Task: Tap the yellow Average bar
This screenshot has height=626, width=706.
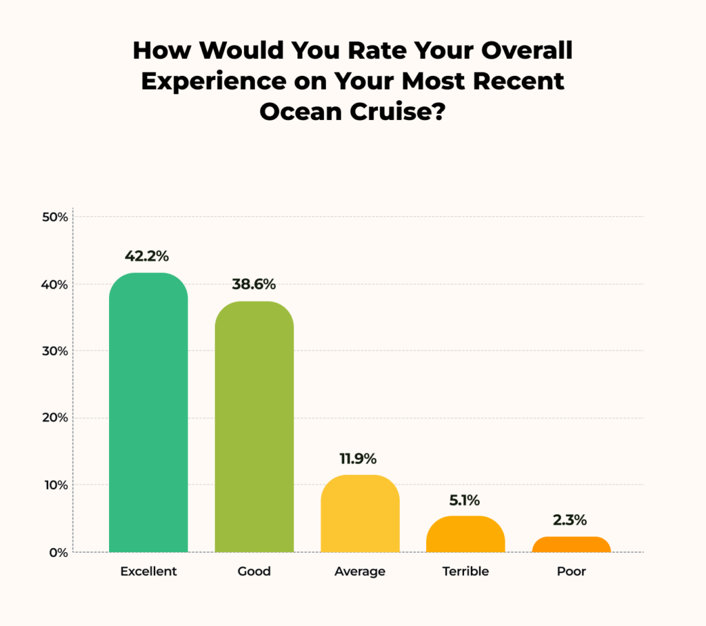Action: [x=360, y=513]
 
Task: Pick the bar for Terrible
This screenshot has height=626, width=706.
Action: [x=465, y=534]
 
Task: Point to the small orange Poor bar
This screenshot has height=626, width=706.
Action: [x=571, y=545]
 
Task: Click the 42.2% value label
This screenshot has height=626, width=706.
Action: [x=147, y=256]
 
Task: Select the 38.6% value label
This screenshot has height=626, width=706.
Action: [x=254, y=284]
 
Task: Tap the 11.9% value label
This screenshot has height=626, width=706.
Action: [x=359, y=458]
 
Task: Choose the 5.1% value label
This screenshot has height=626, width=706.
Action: [x=465, y=500]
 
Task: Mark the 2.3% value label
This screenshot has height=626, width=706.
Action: [x=571, y=520]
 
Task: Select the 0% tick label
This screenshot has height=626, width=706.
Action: [x=59, y=552]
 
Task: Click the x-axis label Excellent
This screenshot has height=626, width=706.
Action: [x=148, y=571]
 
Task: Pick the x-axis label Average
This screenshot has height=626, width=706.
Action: [x=360, y=571]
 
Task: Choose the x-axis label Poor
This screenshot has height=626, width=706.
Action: [x=571, y=571]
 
